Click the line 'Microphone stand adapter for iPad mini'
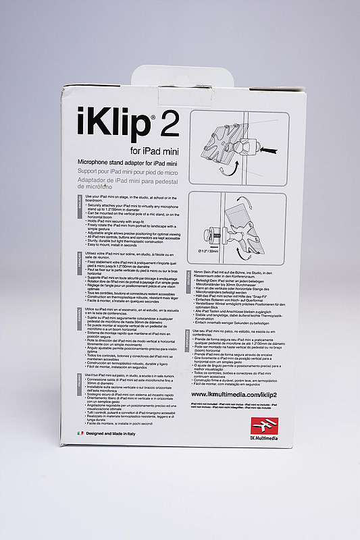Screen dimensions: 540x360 pos(128,162)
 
